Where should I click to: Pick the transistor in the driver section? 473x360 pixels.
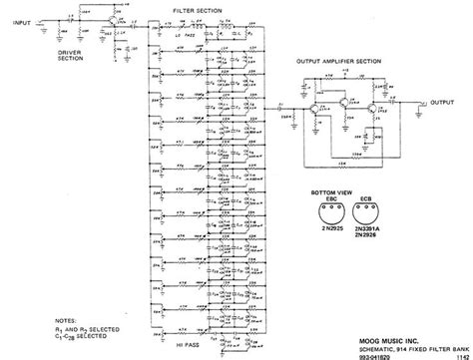coord(112,21)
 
